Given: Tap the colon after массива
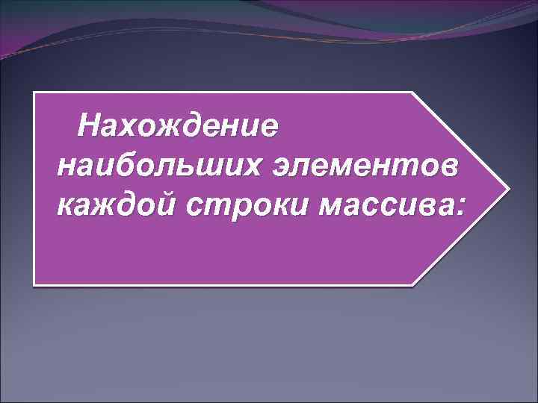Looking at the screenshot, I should click(x=457, y=204).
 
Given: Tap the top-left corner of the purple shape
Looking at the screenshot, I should click(x=34, y=93).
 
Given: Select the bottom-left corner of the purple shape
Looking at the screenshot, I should click(x=34, y=284).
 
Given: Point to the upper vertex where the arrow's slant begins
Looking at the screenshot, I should click(x=412, y=93).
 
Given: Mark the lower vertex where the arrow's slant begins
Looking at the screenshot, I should click(x=413, y=284).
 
